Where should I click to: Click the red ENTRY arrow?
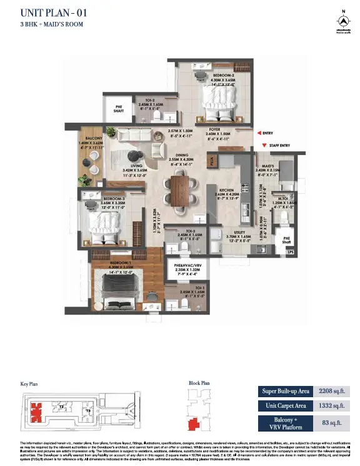tap(258, 133)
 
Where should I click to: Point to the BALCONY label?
tap(91, 138)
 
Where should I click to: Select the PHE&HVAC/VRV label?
tap(187, 266)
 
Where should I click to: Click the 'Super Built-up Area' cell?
tap(285, 392)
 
